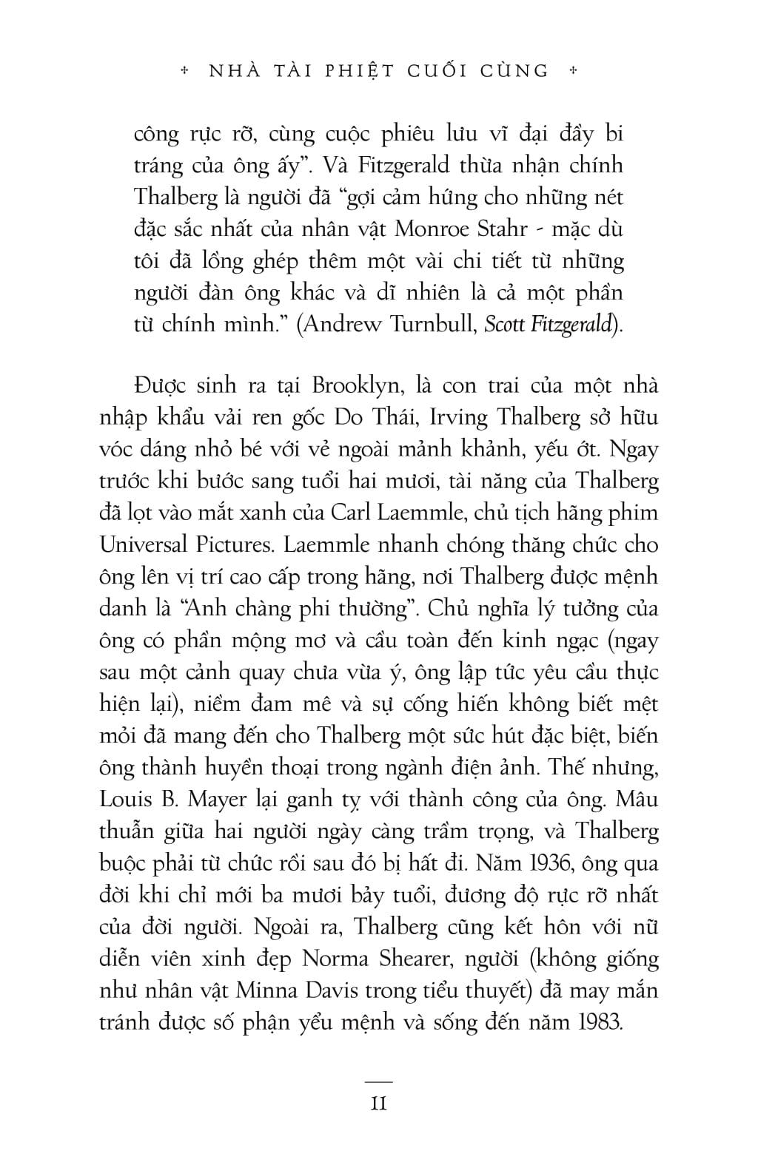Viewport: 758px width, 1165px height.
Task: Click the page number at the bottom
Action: coord(379,1104)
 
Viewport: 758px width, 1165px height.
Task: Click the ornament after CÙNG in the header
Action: coord(571,71)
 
